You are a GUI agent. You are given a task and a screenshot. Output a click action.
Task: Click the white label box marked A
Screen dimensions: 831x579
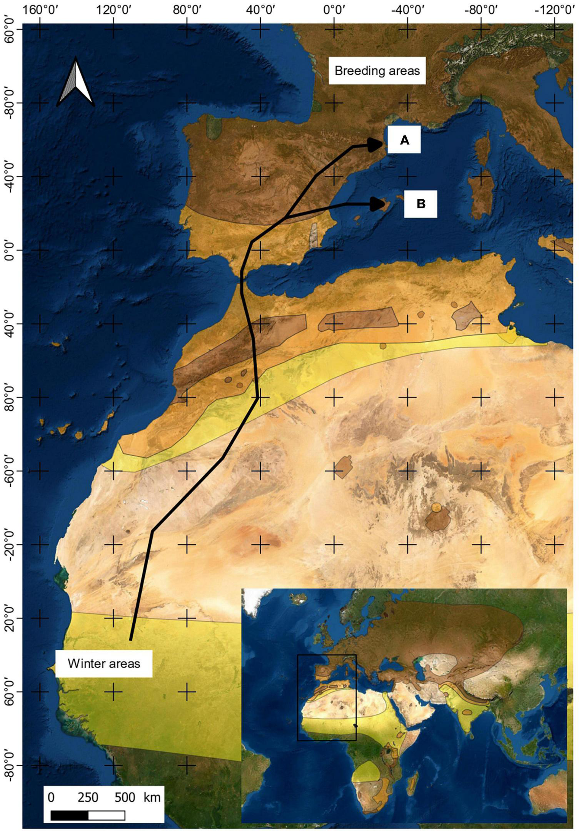click(x=404, y=140)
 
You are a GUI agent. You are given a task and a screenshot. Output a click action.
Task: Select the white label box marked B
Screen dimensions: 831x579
click(x=420, y=204)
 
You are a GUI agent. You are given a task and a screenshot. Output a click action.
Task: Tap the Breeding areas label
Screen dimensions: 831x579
click(x=377, y=71)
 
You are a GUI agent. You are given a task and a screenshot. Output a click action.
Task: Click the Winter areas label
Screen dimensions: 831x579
click(x=104, y=664)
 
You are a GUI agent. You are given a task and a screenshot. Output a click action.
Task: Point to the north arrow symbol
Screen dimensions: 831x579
click(x=75, y=82)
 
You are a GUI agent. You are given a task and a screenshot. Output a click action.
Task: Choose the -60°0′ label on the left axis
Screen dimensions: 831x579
click(x=11, y=470)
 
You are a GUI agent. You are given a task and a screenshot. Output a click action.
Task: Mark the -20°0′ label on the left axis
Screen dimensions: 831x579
click(x=11, y=544)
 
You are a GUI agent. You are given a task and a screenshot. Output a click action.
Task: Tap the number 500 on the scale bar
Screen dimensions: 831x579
click(x=125, y=797)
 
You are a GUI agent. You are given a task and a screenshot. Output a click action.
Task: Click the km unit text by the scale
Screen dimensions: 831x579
click(x=152, y=797)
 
